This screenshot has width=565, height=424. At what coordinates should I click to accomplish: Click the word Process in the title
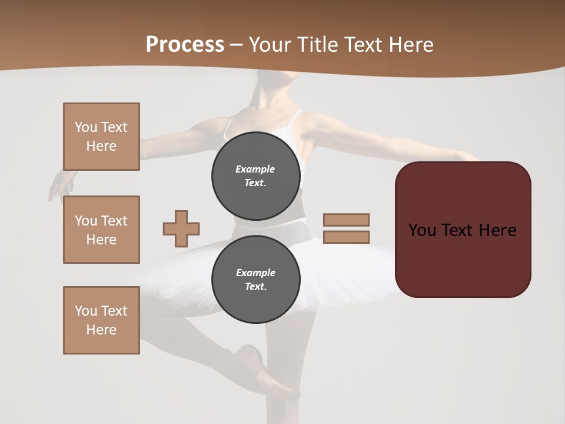point(185,44)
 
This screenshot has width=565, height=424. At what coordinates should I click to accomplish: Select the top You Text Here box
point(101,137)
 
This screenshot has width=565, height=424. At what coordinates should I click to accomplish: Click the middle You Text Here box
point(101,230)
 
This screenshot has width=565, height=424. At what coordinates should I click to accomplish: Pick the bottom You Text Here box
point(101,320)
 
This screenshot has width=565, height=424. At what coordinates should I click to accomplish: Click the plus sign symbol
point(181,228)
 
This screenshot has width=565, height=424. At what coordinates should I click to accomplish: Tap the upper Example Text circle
point(255,175)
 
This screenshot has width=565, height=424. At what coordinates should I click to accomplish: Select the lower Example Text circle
point(255,279)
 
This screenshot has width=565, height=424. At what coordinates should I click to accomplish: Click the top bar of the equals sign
point(346,220)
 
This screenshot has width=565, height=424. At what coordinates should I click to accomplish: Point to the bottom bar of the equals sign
point(346,237)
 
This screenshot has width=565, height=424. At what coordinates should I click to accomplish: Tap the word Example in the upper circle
point(255,169)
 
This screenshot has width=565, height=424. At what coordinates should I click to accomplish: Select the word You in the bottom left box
point(85,311)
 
